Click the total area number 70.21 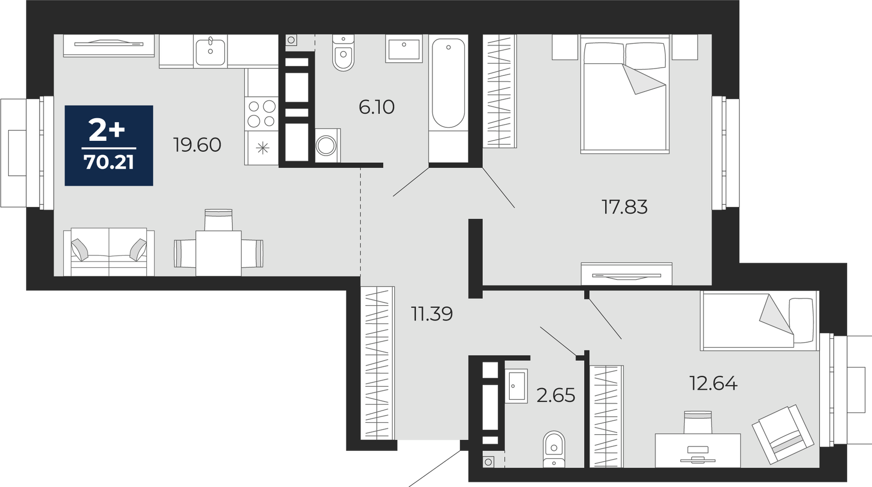tap(109, 162)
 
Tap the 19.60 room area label tap(197, 145)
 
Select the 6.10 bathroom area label tap(377, 107)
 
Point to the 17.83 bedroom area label tap(625, 207)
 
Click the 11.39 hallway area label tap(432, 314)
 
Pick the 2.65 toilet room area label tap(556, 395)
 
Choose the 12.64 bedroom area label tap(713, 383)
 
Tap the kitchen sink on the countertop tap(210, 51)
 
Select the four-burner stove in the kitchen tap(262, 114)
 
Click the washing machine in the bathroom tap(327, 146)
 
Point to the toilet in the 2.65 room tap(554, 450)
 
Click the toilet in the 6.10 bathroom tap(343, 53)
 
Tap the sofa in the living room tap(109, 252)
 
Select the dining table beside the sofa tap(218, 253)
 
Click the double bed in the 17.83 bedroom tap(625, 95)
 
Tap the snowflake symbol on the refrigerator tap(263, 148)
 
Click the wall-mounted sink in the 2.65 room tap(516, 386)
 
